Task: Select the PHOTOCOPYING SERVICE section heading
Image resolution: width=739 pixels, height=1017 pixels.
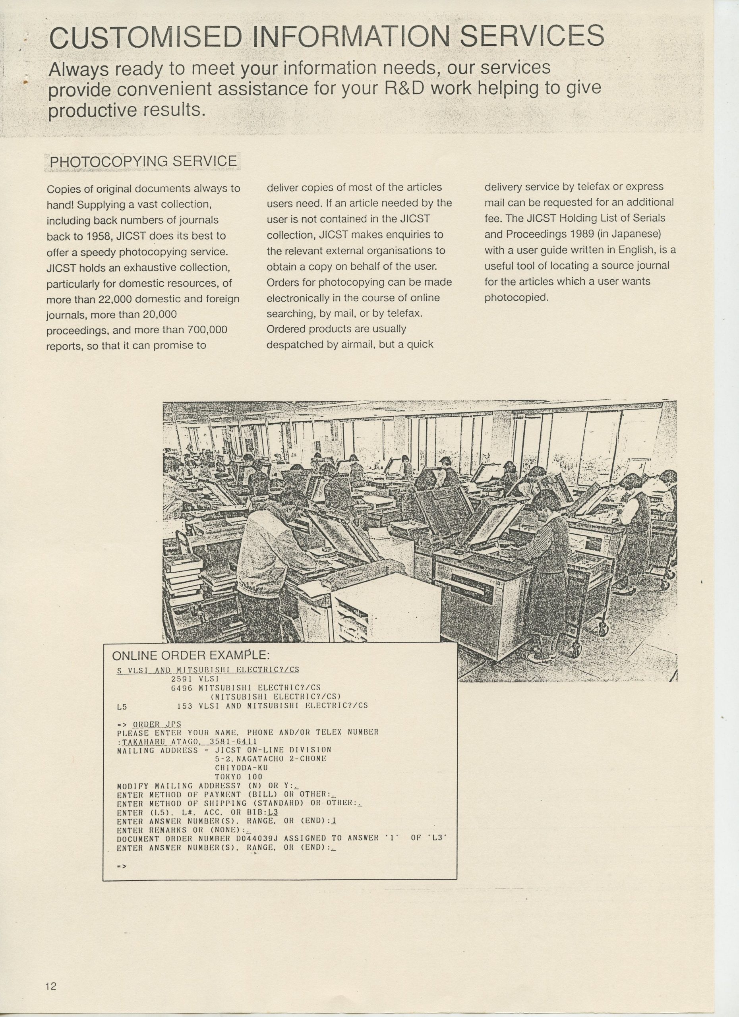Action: pyautogui.click(x=143, y=161)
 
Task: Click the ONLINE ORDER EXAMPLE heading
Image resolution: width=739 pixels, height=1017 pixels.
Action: pyautogui.click(x=191, y=655)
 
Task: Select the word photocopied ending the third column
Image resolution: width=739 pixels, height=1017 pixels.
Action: pyautogui.click(x=516, y=297)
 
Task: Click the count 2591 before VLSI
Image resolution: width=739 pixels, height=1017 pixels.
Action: pyautogui.click(x=182, y=679)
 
